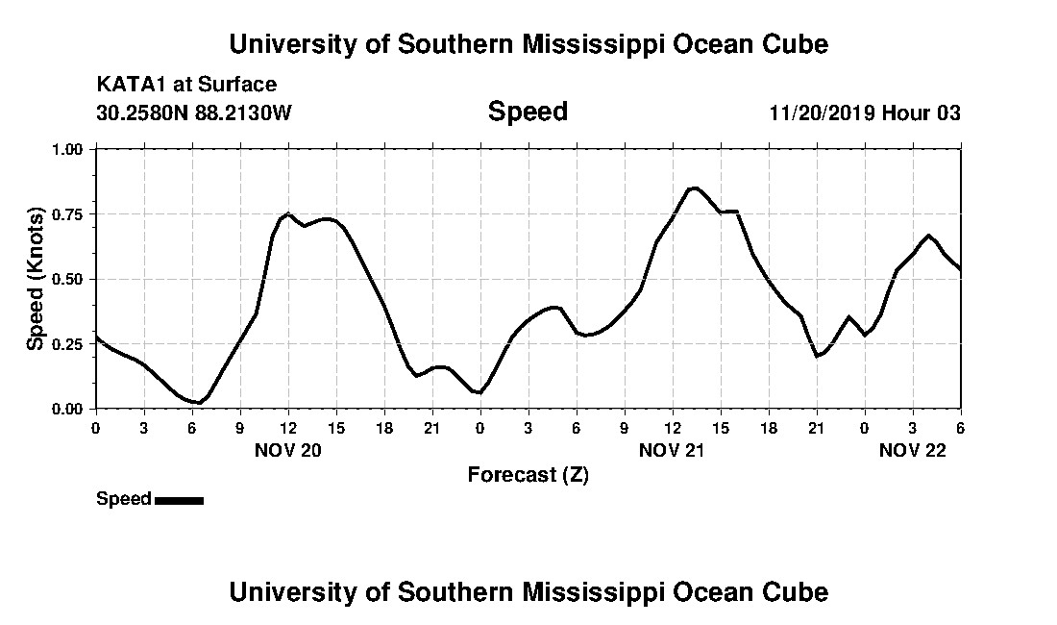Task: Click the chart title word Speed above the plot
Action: [x=528, y=112]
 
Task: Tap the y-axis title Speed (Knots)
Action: [x=36, y=279]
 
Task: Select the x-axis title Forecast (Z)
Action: [x=528, y=474]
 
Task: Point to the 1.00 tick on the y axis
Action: [x=68, y=149]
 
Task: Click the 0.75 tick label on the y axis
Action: [x=68, y=214]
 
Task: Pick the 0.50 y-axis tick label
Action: [x=68, y=279]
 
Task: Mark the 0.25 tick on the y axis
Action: [x=68, y=344]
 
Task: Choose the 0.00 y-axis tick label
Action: [x=68, y=409]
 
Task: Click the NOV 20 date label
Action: [x=288, y=450]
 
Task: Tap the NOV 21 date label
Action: [x=673, y=450]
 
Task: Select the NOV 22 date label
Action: [x=913, y=450]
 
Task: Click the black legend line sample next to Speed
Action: [x=179, y=500]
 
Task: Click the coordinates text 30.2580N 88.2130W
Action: [x=194, y=112]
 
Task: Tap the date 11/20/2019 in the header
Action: [x=821, y=112]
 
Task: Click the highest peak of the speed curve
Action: [x=694, y=188]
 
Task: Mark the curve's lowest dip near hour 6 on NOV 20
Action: [x=198, y=402]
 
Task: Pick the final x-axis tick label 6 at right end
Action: [x=960, y=427]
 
